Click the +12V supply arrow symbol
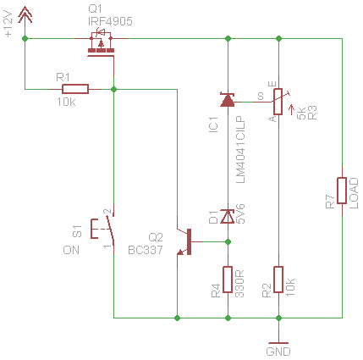click(25, 15)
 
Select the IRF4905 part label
click(110, 21)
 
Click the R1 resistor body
click(75, 89)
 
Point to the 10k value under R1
click(66, 102)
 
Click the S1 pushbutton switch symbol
click(102, 229)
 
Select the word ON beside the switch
click(71, 250)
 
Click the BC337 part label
click(146, 250)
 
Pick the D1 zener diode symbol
click(228, 217)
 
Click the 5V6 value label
click(240, 213)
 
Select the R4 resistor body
click(228, 280)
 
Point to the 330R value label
click(239, 284)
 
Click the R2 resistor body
click(278, 280)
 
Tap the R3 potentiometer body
click(278, 102)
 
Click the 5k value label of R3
click(302, 113)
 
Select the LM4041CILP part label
click(240, 150)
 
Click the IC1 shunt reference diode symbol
click(228, 100)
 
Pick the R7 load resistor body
click(342, 191)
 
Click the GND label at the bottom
click(278, 352)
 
